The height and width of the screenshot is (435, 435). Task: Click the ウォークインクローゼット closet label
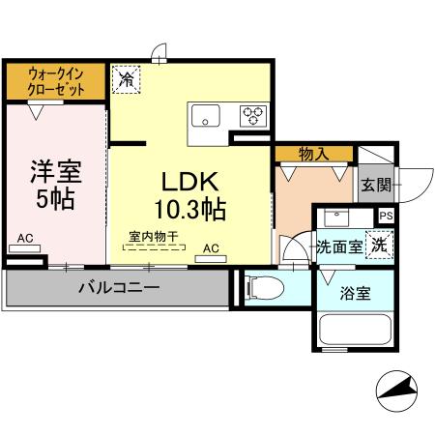(54, 80)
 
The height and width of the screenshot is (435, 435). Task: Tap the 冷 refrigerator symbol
(127, 78)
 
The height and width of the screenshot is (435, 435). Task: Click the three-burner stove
(253, 115)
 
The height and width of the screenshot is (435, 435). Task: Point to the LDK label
(189, 182)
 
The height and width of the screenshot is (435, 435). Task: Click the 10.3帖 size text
(189, 207)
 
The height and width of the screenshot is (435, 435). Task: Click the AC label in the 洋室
(26, 238)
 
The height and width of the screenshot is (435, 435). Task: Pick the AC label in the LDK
(211, 248)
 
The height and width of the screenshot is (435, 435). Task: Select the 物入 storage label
(312, 152)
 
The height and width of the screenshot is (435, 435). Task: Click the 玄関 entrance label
(376, 185)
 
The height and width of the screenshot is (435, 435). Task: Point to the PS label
(386, 217)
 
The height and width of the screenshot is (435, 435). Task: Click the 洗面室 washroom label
(338, 246)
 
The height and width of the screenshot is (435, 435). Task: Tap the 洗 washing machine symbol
(382, 246)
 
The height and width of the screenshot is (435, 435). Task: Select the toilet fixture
(266, 287)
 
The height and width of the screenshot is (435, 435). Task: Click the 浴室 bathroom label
(355, 294)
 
